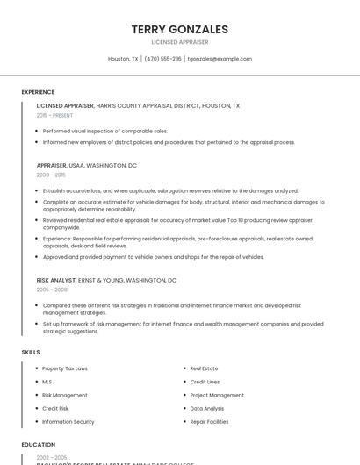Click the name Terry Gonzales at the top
point(179,29)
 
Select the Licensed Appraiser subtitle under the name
point(179,42)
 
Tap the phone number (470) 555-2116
point(162,59)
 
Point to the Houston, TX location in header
point(123,59)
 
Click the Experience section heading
point(38,92)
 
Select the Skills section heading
point(31,352)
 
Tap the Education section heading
point(39,445)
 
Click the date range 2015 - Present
point(54,115)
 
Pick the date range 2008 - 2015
point(50,175)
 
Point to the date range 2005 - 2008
point(52,290)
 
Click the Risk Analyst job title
point(56,280)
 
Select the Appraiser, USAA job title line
point(86,165)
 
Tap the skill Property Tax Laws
point(65,368)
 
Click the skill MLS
point(47,382)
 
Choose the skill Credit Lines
point(205,382)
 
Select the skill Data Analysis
point(207,408)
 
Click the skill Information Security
point(68,422)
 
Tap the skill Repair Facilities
point(209,422)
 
